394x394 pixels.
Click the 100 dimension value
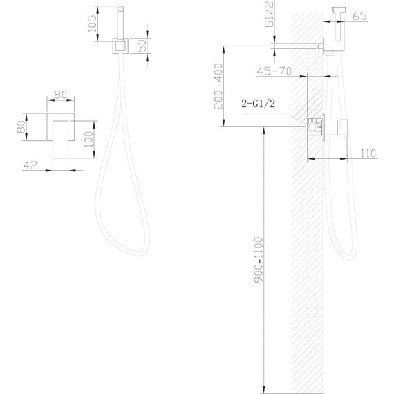coord(88,135)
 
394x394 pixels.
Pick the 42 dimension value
coord(30,165)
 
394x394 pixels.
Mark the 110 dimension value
coord(368,153)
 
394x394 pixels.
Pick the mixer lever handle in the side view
coord(335,129)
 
